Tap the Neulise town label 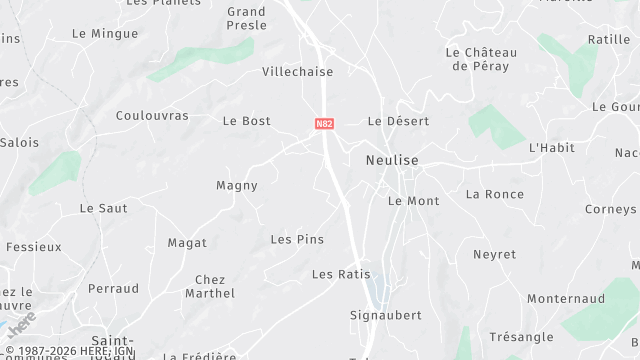tap(392, 160)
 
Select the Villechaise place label tap(297, 72)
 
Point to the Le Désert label tap(398, 121)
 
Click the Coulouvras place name tap(152, 116)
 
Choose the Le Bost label tap(246, 121)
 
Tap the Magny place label tap(237, 185)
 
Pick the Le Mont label tap(413, 201)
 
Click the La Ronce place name tap(494, 194)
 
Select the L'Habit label tap(551, 148)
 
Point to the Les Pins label tap(297, 239)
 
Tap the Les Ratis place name tap(341, 274)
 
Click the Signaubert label tap(386, 315)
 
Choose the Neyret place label tap(494, 255)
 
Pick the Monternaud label tap(566, 299)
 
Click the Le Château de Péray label tap(481, 59)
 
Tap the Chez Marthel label tap(210, 287)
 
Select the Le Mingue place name tap(105, 33)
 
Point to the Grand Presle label tap(246, 19)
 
